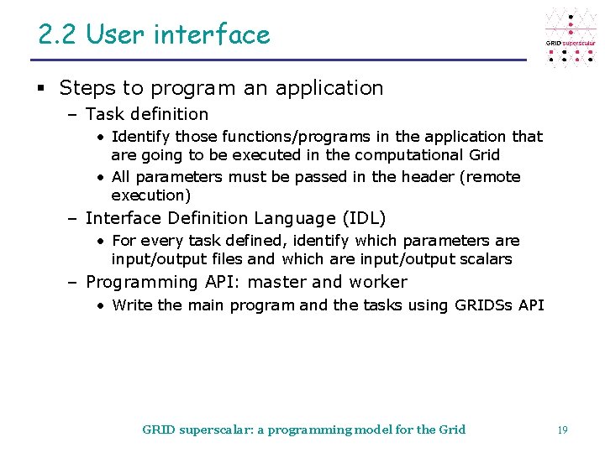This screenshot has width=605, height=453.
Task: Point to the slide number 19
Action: point(562,430)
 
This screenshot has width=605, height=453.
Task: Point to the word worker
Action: point(377,283)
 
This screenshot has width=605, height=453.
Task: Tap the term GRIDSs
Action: point(482,305)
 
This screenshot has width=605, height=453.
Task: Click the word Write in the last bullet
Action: point(132,305)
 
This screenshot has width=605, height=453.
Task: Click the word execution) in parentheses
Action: point(151,195)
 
